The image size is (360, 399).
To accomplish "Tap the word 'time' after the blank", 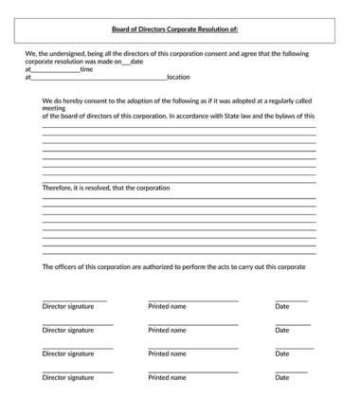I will point(86,69).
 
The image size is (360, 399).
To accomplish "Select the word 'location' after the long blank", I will point(178,77).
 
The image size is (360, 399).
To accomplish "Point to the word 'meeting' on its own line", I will point(54,108).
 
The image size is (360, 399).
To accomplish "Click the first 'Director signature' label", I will point(68,306).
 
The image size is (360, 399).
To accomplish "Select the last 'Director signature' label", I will point(68,377).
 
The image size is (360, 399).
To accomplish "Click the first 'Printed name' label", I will point(167,306).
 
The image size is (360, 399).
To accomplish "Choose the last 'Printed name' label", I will point(167,377).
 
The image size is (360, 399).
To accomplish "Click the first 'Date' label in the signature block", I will point(282,306).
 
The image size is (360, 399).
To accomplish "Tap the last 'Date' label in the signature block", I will point(282,377).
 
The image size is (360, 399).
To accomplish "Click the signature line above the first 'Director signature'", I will point(75,300).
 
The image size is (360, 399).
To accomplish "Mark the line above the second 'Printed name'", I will point(192,324).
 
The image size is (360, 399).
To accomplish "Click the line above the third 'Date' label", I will point(292,348).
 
